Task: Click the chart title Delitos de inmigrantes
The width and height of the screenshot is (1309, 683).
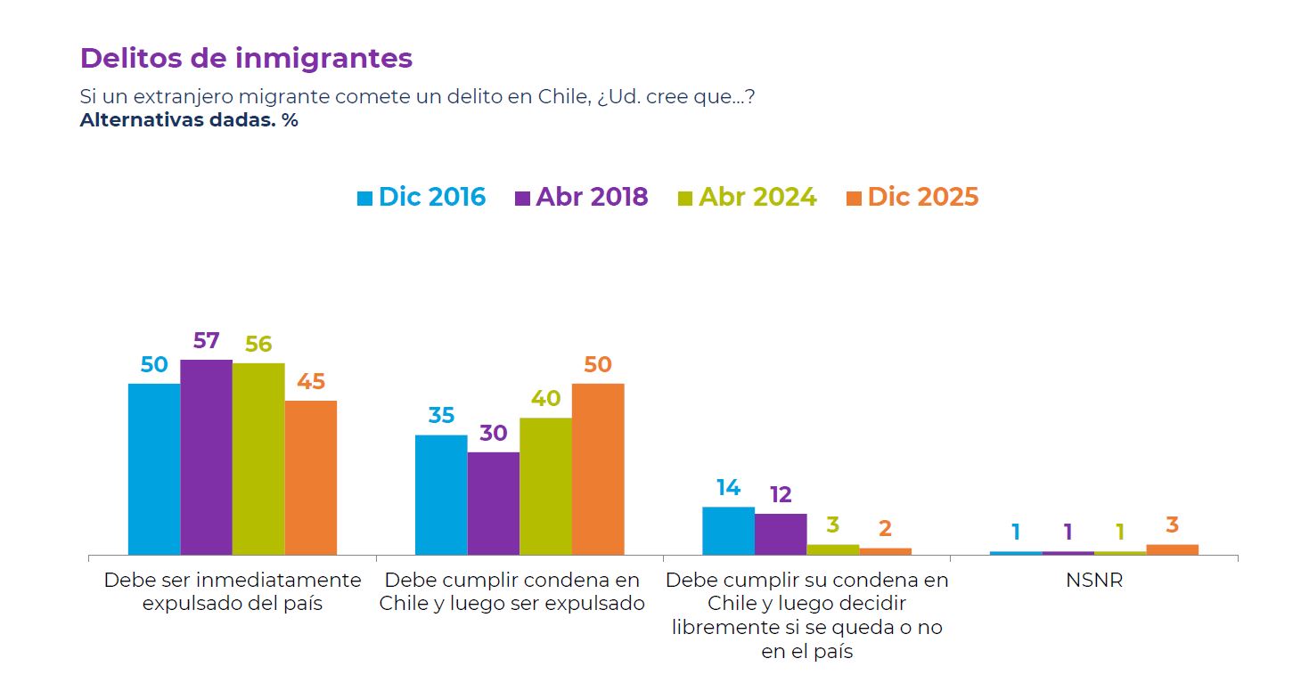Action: (246, 58)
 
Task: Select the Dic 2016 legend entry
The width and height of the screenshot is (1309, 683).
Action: (421, 197)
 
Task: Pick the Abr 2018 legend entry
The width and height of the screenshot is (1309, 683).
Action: (582, 197)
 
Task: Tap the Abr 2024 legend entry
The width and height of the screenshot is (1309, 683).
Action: (747, 197)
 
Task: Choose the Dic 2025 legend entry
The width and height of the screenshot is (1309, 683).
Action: (912, 197)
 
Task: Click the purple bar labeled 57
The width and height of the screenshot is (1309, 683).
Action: (206, 457)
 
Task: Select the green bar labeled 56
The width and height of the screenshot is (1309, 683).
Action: (258, 459)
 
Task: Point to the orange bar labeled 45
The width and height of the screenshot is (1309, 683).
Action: (311, 477)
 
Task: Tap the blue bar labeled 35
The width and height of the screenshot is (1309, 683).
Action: (441, 494)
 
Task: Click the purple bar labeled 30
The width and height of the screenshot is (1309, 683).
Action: (493, 503)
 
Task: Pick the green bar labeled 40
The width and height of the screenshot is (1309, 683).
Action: (545, 486)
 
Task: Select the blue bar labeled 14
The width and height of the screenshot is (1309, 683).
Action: (728, 531)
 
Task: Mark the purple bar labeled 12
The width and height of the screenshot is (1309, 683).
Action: (781, 534)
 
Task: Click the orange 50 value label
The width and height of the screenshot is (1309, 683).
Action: (598, 365)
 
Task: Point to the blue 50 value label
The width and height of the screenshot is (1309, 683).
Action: (154, 365)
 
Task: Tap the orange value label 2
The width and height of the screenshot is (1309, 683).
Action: (885, 529)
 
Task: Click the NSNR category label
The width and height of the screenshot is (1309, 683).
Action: (1093, 581)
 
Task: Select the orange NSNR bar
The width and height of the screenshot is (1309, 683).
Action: (1172, 549)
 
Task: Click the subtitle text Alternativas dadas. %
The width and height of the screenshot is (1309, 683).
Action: (189, 120)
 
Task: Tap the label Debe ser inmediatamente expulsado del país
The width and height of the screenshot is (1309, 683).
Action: (233, 591)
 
